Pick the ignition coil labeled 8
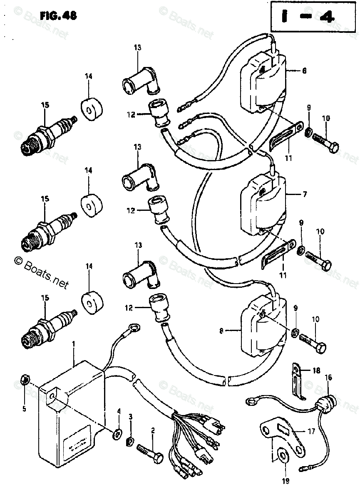261,329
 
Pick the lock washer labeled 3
130,441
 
